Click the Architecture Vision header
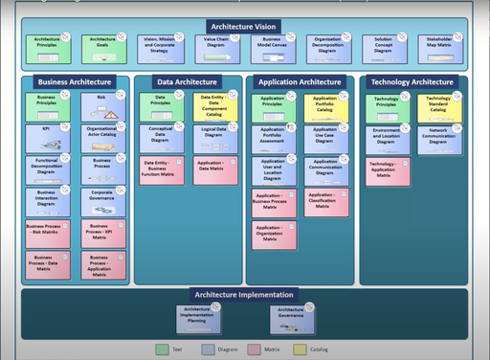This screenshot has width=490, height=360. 245,26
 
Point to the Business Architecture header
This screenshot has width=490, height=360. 75,82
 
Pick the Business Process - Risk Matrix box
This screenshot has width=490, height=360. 47,234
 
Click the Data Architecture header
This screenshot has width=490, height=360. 187,82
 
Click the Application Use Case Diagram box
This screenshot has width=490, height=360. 326,140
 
